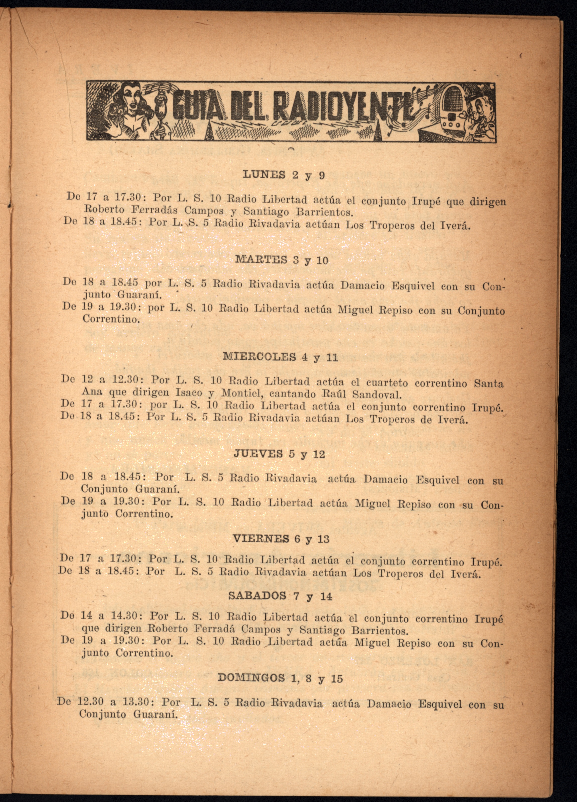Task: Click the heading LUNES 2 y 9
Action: [283, 175]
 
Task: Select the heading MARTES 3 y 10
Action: [282, 260]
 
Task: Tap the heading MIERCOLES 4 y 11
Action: [280, 357]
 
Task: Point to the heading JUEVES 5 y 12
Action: [279, 454]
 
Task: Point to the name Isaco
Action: [189, 392]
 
